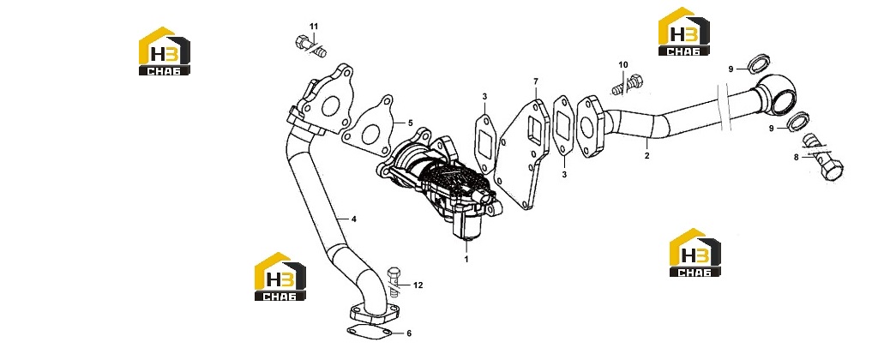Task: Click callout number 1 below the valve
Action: click(x=466, y=259)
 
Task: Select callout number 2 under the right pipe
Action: click(x=646, y=156)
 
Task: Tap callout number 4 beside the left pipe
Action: click(x=354, y=219)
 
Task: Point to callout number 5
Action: click(x=410, y=123)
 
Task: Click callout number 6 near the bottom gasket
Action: click(x=409, y=333)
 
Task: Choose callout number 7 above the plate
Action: click(x=535, y=81)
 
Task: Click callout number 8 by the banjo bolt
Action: click(x=797, y=158)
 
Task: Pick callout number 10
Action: click(x=623, y=65)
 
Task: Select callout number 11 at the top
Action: click(x=314, y=27)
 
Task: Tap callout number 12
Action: click(x=418, y=285)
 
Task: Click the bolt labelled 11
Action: click(x=309, y=46)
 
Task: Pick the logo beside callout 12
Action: click(x=280, y=277)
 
